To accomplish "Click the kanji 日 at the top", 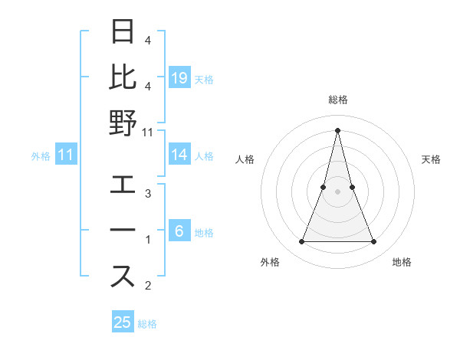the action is pyautogui.click(x=123, y=33).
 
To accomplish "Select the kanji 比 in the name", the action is pyautogui.click(x=123, y=77).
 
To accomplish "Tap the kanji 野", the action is pyautogui.click(x=123, y=123).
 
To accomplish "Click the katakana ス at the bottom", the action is pyautogui.click(x=123, y=277).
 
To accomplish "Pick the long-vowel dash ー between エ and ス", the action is pyautogui.click(x=123, y=231).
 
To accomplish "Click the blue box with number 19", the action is pyautogui.click(x=179, y=77).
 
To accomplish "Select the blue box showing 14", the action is pyautogui.click(x=179, y=155).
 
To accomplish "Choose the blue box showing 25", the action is pyautogui.click(x=123, y=322).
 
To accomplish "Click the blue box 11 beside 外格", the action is pyautogui.click(x=66, y=155).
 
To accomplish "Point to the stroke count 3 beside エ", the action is pyautogui.click(x=147, y=194).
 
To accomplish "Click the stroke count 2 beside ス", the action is pyautogui.click(x=147, y=286).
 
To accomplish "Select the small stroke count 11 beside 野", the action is pyautogui.click(x=148, y=132).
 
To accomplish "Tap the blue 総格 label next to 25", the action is pyautogui.click(x=147, y=324).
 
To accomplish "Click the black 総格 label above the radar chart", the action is pyautogui.click(x=338, y=100).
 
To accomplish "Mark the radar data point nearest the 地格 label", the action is pyautogui.click(x=374, y=242).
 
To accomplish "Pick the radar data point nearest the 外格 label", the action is pyautogui.click(x=301, y=242).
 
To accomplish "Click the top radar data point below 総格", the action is pyautogui.click(x=338, y=130).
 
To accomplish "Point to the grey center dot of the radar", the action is pyautogui.click(x=338, y=191).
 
